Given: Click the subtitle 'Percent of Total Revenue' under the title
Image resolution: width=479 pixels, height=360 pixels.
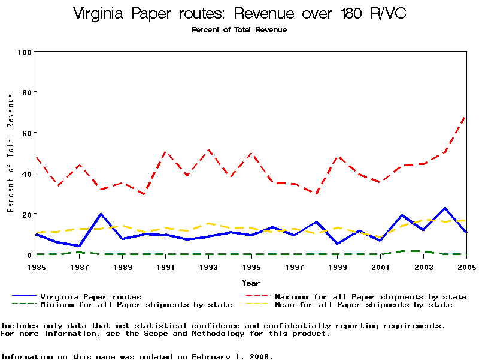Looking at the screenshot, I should tap(239, 30).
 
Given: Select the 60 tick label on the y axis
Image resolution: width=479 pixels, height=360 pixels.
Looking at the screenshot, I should tap(26, 133).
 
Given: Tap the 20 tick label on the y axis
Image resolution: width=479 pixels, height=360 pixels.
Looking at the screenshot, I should tap(26, 214).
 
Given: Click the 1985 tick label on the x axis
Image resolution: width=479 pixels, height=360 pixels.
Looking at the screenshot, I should tap(37, 266).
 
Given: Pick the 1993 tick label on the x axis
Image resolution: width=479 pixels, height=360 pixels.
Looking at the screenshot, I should tap(208, 266).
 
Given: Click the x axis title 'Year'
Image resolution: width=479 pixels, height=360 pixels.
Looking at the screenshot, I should tap(251, 283).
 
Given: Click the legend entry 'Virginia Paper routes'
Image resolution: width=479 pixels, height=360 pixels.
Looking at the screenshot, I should tap(90, 296).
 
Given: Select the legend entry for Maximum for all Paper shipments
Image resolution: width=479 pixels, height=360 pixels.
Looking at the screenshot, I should tap(371, 296).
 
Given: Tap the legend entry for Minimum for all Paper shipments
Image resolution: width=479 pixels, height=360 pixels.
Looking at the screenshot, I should tap(136, 305).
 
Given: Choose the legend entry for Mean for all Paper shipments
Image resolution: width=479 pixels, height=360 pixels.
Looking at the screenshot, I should tap(363, 305).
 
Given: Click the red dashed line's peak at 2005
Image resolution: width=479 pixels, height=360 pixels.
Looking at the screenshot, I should tap(466, 116).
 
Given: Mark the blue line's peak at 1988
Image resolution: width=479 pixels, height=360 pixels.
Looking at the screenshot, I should tap(101, 214).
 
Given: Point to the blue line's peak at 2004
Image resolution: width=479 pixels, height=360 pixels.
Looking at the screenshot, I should tap(445, 208).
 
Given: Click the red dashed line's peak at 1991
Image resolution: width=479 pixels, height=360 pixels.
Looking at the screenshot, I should tap(165, 152).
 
